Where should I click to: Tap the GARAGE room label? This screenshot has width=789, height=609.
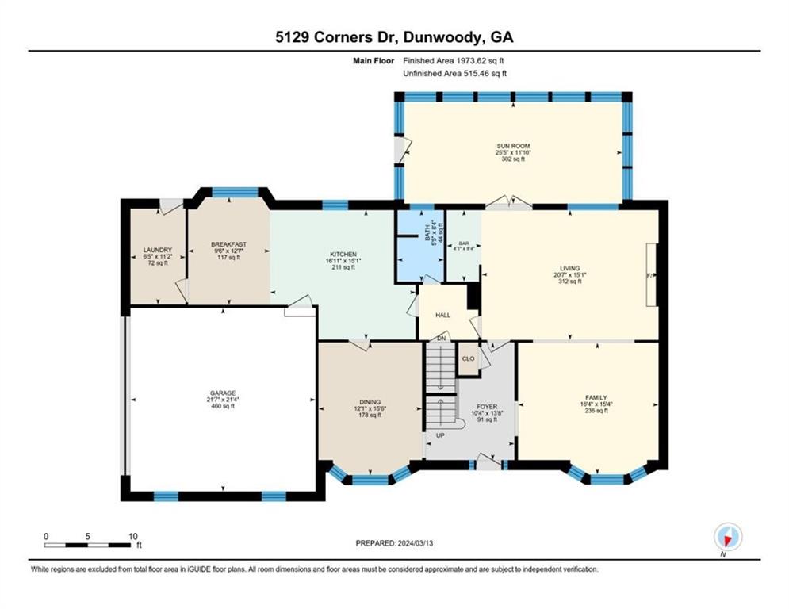tap(223, 393)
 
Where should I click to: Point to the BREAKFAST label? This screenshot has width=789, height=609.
tap(228, 244)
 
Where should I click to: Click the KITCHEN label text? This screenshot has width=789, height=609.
tap(343, 255)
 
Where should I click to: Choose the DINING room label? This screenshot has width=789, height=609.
tap(369, 402)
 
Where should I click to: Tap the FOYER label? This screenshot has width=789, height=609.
tap(486, 406)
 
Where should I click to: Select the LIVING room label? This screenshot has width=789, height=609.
tap(569, 270)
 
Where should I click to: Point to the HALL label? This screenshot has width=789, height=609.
tap(442, 315)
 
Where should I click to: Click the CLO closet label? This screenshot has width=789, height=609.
tap(469, 358)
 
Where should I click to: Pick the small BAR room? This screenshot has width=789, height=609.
tap(462, 247)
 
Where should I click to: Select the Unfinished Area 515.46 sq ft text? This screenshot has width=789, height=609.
tap(454, 73)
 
